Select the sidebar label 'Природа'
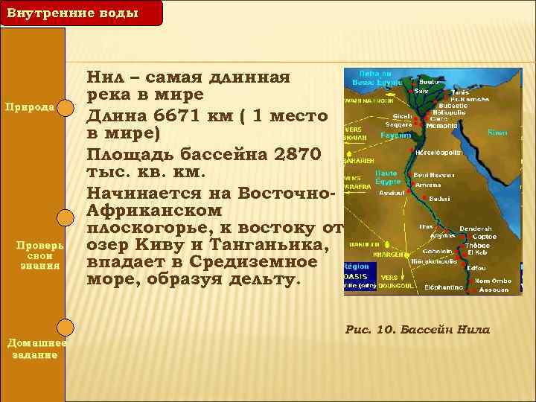(31, 106)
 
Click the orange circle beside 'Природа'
(66, 109)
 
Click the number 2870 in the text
(295, 154)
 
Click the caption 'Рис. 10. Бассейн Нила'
(418, 329)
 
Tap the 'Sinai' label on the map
(497, 132)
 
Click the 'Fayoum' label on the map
(395, 136)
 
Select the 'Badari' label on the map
(439, 199)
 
